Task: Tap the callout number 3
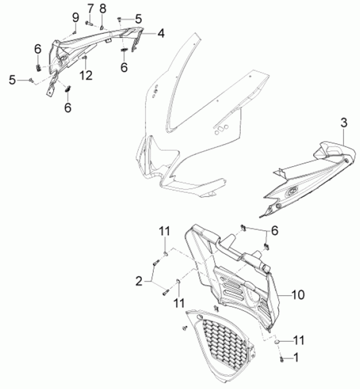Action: pos(344,122)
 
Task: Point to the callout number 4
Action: pos(161,34)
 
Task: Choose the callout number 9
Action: pos(75,17)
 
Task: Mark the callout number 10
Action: pos(298,295)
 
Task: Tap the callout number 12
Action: pos(86,76)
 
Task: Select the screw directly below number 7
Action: pos(88,23)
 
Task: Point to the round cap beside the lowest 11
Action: pos(277,342)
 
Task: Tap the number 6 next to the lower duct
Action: pos(274,231)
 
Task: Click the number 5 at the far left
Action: pos(12,79)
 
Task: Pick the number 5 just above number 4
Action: pos(138,19)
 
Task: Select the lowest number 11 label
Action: pos(299,340)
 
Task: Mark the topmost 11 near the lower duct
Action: pos(164,231)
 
